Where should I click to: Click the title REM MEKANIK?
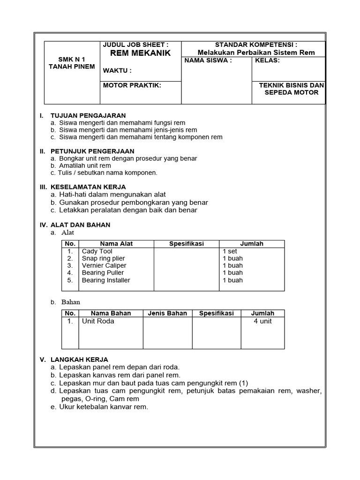140,53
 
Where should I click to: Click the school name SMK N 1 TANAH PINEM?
72,63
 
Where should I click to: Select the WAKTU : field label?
117,71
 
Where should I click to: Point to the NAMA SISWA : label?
208,60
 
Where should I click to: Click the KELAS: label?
267,60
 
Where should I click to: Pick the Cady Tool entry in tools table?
97,251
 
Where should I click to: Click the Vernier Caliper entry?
104,265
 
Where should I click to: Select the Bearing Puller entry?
103,272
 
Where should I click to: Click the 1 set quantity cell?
230,251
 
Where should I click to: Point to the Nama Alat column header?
116,244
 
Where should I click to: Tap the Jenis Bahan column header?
167,313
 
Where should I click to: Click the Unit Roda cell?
98,321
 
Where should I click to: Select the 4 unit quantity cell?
262,321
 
